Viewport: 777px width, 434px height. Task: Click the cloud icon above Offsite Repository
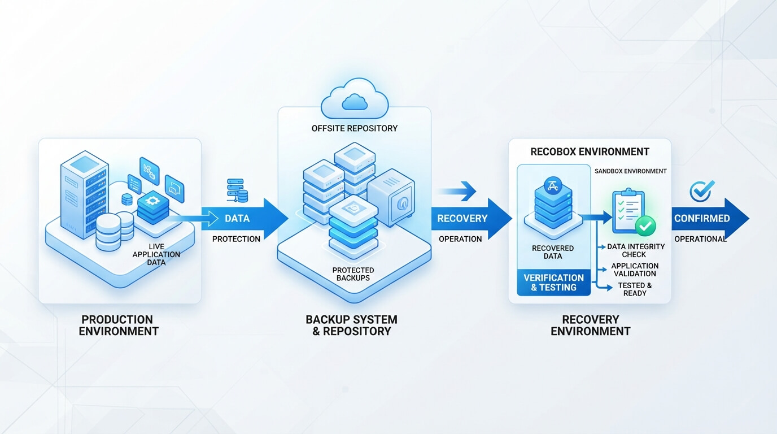pyautogui.click(x=355, y=98)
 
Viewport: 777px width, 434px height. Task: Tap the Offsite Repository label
pyautogui.click(x=355, y=128)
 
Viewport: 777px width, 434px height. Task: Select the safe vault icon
pyautogui.click(x=391, y=197)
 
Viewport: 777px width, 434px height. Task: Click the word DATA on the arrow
pyautogui.click(x=237, y=218)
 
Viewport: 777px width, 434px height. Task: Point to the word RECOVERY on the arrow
pyautogui.click(x=462, y=218)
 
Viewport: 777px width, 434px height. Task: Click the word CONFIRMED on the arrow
pyautogui.click(x=702, y=218)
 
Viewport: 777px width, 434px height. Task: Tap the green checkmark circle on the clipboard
pyautogui.click(x=645, y=226)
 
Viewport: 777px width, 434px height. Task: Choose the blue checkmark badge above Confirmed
pyautogui.click(x=701, y=190)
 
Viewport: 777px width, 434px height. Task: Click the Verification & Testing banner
pyautogui.click(x=553, y=283)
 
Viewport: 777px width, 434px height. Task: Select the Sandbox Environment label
pyautogui.click(x=630, y=171)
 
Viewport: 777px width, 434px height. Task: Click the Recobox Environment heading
pyautogui.click(x=590, y=151)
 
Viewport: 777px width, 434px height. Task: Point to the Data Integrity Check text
pyautogui.click(x=635, y=250)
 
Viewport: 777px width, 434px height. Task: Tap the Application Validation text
pyautogui.click(x=635, y=270)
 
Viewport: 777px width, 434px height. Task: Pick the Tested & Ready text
pyautogui.click(x=635, y=289)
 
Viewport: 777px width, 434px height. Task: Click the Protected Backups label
pyautogui.click(x=353, y=274)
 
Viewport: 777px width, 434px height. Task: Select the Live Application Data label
pyautogui.click(x=156, y=254)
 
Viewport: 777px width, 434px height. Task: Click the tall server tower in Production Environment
pyautogui.click(x=84, y=194)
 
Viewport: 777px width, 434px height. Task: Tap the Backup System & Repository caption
pyautogui.click(x=351, y=325)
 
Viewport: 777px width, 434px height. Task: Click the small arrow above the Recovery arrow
pyautogui.click(x=457, y=191)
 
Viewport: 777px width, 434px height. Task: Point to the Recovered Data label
pyautogui.click(x=553, y=252)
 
